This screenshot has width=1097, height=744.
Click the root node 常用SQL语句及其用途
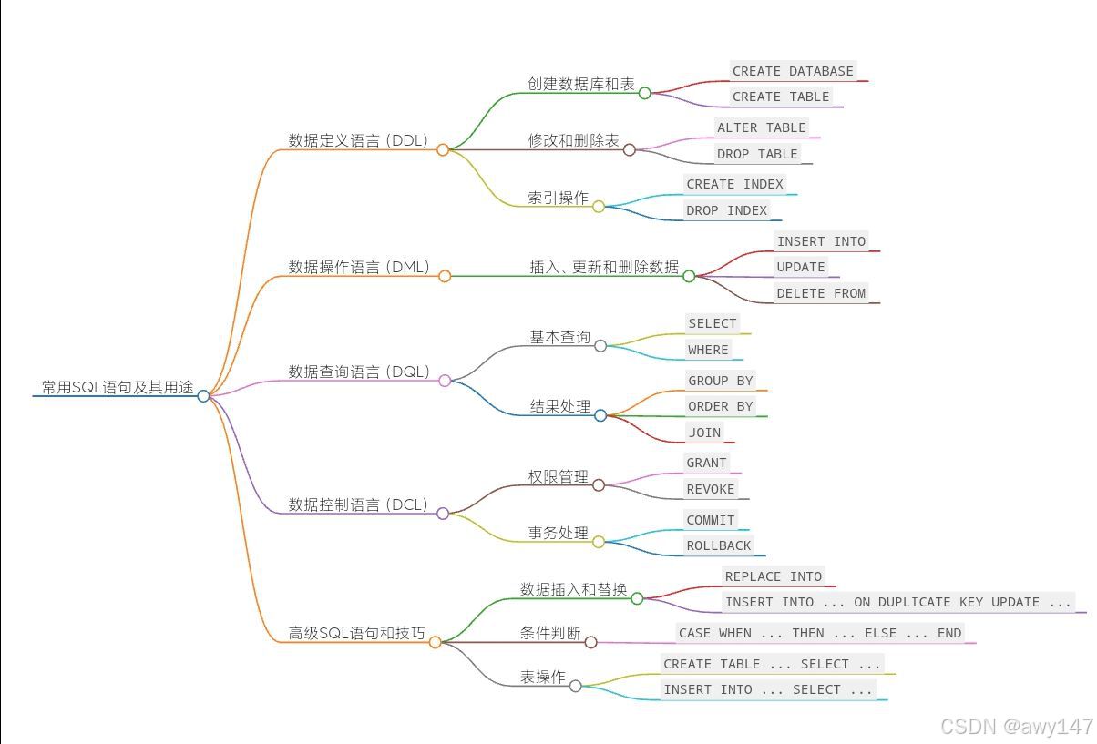(118, 387)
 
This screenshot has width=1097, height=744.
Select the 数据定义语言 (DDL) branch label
(357, 140)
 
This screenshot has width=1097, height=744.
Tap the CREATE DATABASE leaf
(793, 71)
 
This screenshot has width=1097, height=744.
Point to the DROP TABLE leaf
(757, 154)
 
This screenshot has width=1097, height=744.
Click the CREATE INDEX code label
(734, 184)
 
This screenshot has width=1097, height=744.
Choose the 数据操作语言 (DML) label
(358, 267)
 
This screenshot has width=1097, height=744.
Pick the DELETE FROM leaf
(821, 293)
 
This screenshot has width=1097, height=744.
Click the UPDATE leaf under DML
(801, 267)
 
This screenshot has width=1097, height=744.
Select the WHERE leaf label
(708, 350)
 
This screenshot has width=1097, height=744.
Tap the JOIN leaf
(704, 433)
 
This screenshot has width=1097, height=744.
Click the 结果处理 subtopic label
(560, 406)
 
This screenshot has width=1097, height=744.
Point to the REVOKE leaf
(711, 489)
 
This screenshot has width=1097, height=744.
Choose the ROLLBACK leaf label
(719, 545)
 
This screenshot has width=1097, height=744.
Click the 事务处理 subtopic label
(559, 533)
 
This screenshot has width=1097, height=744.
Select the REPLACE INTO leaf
(774, 576)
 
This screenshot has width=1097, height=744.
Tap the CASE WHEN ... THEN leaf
(819, 633)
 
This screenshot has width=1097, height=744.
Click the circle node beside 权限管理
(599, 485)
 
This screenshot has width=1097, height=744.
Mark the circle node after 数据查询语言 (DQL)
(445, 381)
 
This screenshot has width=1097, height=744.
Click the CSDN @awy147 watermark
(1016, 726)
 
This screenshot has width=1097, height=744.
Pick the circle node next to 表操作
(576, 686)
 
